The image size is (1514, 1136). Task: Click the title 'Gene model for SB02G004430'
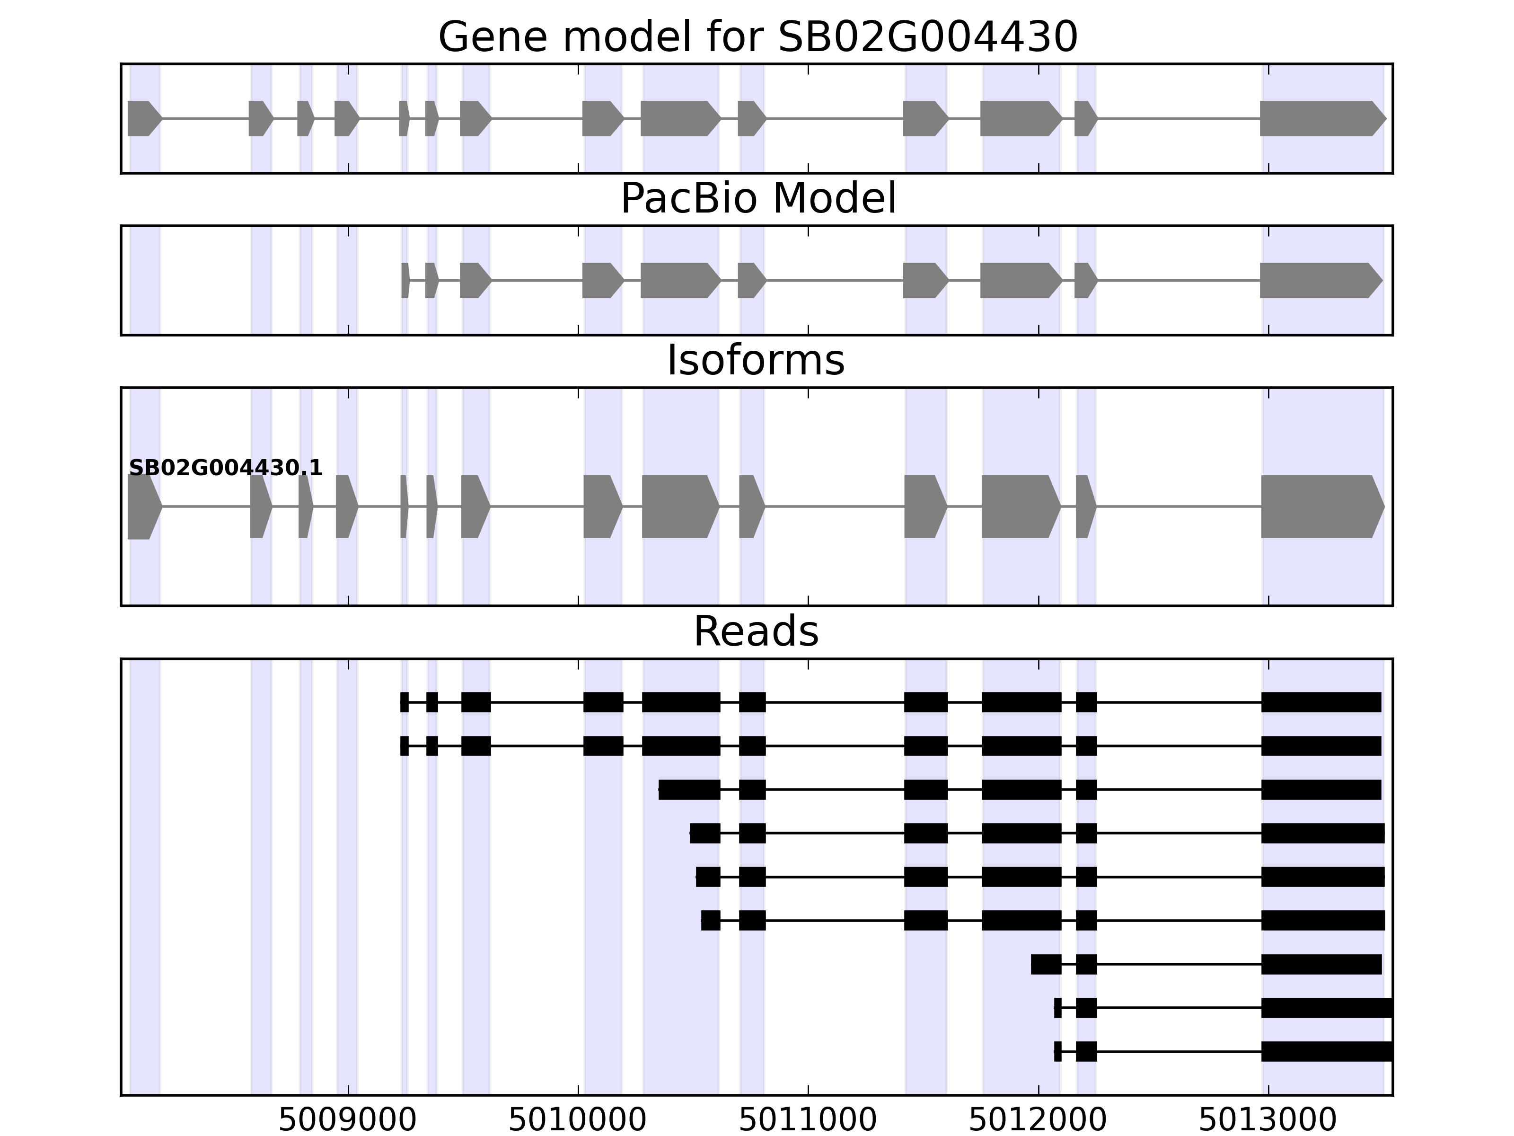[x=757, y=37]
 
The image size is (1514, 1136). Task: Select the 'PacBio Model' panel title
[x=757, y=199]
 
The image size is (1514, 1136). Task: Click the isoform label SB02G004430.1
[x=225, y=468]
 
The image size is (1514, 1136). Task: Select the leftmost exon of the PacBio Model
[x=405, y=280]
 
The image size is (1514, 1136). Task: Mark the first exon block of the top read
[x=405, y=702]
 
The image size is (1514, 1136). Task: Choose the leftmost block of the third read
[x=689, y=790]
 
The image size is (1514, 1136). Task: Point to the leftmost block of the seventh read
[x=1046, y=964]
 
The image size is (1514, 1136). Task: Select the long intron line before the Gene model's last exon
[x=1179, y=118]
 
